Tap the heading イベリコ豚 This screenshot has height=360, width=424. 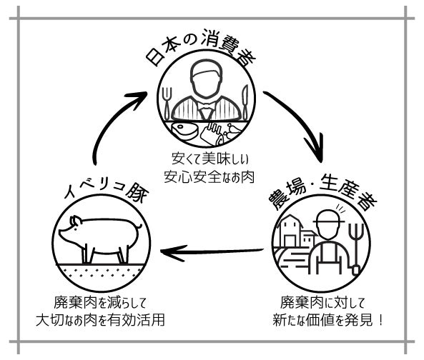coord(107,191)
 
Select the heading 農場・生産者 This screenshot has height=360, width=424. coord(322,195)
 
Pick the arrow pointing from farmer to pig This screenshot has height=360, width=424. coord(212,251)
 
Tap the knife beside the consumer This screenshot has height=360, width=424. coord(245,102)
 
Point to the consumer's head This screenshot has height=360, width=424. coord(206,79)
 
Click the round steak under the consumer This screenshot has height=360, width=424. coord(184,131)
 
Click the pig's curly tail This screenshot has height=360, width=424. coord(139,226)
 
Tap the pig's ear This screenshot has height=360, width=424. coord(75,221)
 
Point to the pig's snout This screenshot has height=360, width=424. coord(61,232)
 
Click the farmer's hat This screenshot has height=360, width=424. coord(328,216)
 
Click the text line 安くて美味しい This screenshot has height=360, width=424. coord(210,159)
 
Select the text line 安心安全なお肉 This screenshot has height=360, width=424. coord(209,176)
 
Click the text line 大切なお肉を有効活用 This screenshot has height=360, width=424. coord(100,319)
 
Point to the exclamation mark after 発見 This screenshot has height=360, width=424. coord(380,320)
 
